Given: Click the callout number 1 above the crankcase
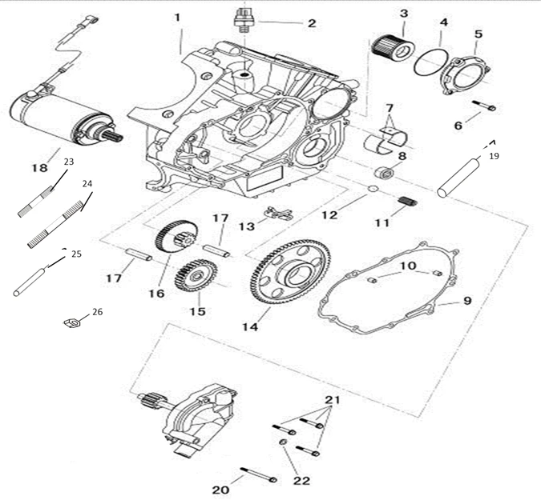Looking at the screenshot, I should coord(177,17).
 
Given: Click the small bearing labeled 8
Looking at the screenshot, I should coord(385,171).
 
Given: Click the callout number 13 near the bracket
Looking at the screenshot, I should coord(247,227).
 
